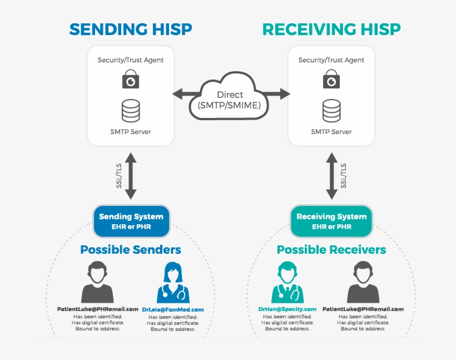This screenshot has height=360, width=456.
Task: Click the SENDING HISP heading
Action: (130, 29)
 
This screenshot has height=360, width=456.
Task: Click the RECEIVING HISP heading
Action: (331, 29)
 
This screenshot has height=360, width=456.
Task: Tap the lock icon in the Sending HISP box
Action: (131, 79)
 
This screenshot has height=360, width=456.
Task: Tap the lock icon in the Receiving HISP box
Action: (331, 79)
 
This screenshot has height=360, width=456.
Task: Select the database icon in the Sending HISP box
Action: (131, 110)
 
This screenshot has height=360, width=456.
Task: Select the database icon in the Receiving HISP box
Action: (331, 110)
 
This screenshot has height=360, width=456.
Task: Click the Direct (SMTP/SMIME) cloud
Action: (230, 96)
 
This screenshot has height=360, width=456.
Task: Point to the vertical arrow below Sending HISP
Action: (131, 176)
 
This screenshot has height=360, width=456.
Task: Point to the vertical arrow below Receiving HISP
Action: (331, 176)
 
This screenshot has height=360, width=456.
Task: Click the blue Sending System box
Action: (131, 221)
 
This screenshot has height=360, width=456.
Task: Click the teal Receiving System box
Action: (331, 221)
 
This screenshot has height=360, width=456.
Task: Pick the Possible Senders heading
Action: (131, 250)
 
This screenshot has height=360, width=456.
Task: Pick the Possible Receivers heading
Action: (331, 250)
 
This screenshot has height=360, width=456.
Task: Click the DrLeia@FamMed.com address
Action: (173, 309)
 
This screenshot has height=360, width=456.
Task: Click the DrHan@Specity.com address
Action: (288, 309)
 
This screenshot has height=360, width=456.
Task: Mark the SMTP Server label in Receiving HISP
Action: (331, 132)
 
